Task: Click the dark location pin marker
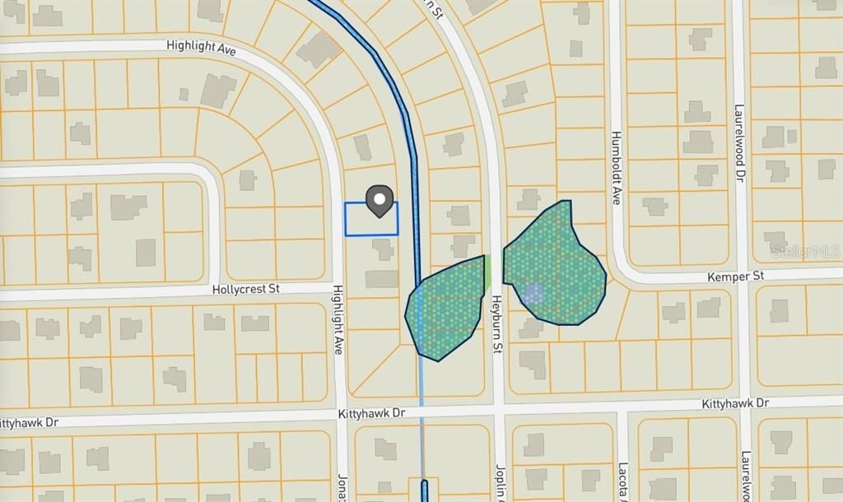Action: [379, 200]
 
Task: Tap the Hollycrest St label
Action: [246, 290]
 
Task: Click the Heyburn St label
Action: [497, 326]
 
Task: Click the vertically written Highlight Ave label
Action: [338, 320]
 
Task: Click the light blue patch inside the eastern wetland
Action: [533, 292]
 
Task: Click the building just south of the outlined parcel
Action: [382, 248]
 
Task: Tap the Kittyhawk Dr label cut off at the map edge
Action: [29, 423]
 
